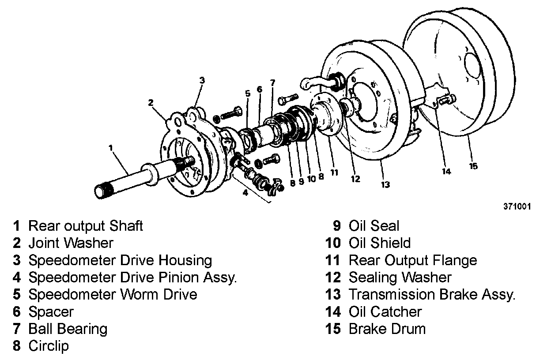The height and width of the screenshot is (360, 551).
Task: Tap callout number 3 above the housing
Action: click(x=202, y=80)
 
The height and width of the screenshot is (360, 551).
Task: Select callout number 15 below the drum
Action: click(x=473, y=166)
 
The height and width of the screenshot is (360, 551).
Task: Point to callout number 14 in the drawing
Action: click(x=446, y=171)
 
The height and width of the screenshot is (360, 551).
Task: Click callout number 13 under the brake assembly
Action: click(x=385, y=184)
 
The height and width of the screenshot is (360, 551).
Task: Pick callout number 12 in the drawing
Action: click(x=355, y=179)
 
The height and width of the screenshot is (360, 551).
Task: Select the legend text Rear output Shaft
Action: click(x=86, y=226)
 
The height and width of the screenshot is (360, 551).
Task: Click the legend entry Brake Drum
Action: click(x=387, y=329)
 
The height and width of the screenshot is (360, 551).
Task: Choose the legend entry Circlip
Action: click(x=49, y=346)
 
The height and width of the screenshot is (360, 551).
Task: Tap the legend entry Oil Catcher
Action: click(x=385, y=311)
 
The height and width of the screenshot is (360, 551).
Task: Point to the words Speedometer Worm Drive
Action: click(x=113, y=294)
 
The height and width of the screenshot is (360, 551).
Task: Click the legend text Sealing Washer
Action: click(x=400, y=277)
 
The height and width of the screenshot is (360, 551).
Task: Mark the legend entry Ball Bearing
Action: click(x=68, y=329)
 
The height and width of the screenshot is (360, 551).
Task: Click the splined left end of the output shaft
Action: click(x=102, y=191)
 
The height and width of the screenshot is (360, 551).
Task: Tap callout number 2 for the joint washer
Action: click(x=151, y=103)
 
